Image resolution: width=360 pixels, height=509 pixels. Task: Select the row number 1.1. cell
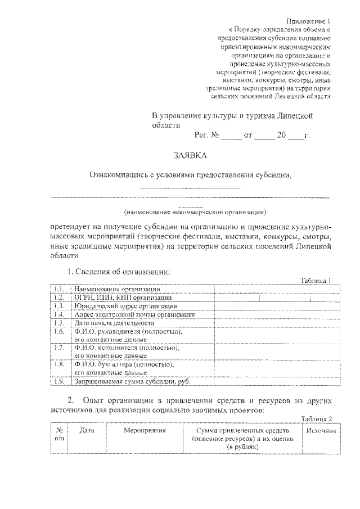(x=58, y=289)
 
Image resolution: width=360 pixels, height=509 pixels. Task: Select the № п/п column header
(x=59, y=434)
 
